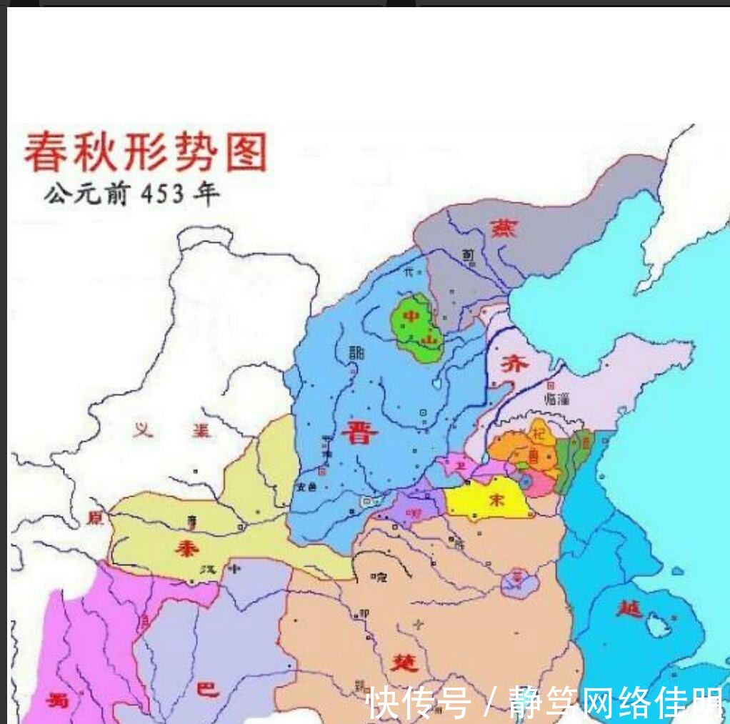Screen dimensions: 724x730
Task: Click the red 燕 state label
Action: tap(504, 228)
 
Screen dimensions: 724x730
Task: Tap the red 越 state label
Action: tap(631, 609)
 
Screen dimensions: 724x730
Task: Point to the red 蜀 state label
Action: tap(59, 700)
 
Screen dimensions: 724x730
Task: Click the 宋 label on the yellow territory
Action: tap(495, 500)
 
